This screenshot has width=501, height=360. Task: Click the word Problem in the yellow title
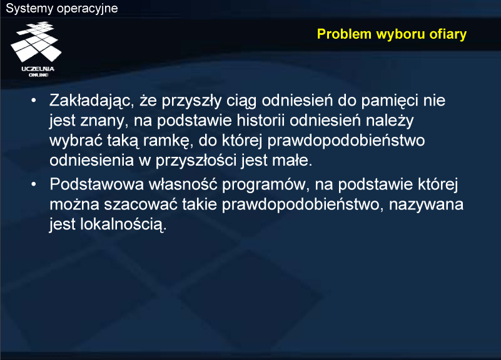[x=344, y=34]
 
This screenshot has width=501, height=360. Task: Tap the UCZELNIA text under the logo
[x=38, y=69]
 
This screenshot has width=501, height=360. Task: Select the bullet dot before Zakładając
[x=34, y=101]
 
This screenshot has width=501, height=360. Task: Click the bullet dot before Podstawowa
[x=34, y=184]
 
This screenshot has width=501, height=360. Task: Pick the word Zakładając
[x=92, y=101]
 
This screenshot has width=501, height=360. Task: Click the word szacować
[x=141, y=205]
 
